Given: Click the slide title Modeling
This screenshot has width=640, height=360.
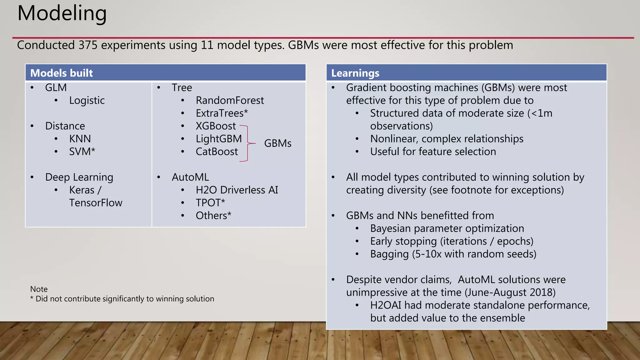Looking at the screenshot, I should tap(62, 14).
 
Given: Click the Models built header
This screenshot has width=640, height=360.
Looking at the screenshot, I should tap(62, 73).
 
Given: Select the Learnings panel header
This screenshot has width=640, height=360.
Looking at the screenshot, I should tap(355, 73).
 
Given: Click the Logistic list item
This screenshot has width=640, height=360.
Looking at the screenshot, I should tap(87, 101).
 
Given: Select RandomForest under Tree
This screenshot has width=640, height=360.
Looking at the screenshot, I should tap(230, 101).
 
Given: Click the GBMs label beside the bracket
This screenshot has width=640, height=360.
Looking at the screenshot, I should tap(277, 143).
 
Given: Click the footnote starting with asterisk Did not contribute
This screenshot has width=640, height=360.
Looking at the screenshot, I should tap(122, 299).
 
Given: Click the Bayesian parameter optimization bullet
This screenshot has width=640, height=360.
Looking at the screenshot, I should tap(447, 229).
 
